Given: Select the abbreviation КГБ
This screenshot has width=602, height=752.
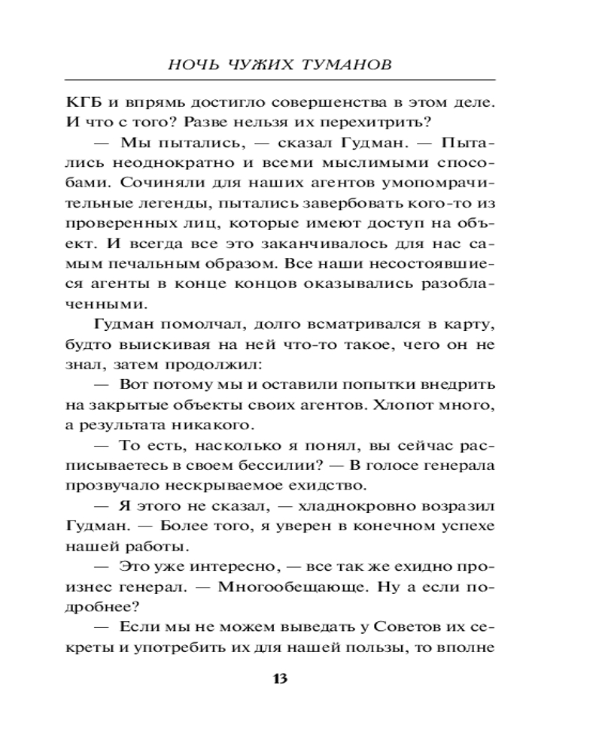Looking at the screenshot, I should [82, 102].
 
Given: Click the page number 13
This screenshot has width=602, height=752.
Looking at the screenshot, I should [279, 678].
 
